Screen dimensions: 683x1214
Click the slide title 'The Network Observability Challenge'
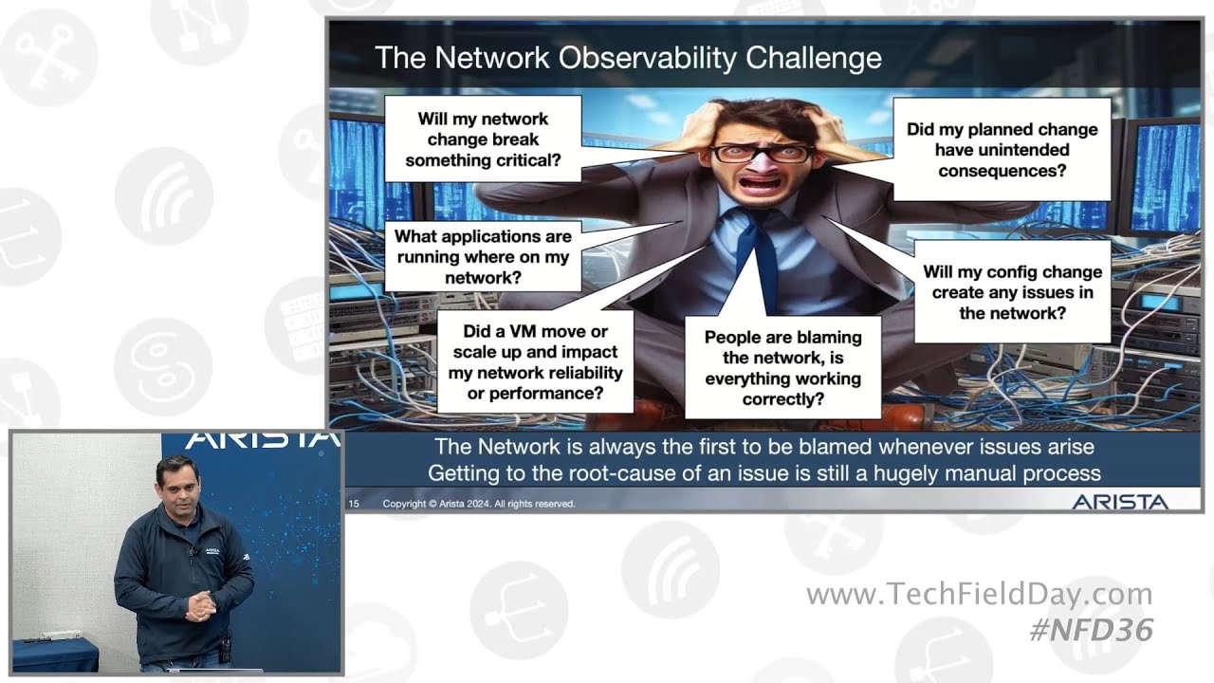tap(628, 58)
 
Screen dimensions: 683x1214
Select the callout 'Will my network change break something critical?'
tap(483, 139)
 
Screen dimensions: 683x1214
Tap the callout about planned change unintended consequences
tap(1002, 150)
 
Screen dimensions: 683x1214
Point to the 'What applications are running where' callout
tap(483, 257)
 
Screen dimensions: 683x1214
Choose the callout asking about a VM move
tap(535, 361)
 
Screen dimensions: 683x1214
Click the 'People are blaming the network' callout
tap(782, 367)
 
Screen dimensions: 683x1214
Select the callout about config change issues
tap(1012, 292)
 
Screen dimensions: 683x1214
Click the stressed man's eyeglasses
tap(763, 153)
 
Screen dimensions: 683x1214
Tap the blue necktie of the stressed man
tap(759, 256)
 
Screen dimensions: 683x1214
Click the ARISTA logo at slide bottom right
tap(1120, 502)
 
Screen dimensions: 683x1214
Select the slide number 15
tap(354, 504)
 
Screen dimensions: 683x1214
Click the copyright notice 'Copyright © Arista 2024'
tap(479, 504)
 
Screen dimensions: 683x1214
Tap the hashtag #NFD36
tap(1091, 630)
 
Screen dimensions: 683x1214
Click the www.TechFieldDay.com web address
tap(979, 595)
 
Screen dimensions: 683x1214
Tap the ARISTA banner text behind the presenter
tap(261, 440)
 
